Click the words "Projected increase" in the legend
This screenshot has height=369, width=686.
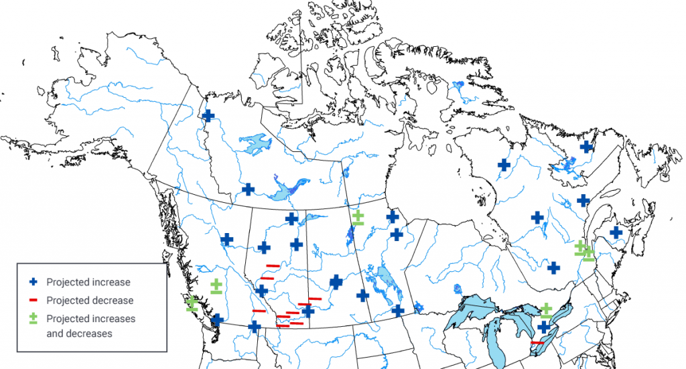point(88,282)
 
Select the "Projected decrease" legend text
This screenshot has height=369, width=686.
point(90,301)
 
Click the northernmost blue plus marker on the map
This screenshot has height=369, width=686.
point(208,116)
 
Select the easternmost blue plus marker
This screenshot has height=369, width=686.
point(616,232)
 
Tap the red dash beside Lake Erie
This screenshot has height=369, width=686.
point(537,343)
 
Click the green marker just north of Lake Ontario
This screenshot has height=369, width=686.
point(547,310)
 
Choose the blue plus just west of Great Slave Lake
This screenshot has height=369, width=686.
point(249,189)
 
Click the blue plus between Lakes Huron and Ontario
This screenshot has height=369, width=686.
point(544,326)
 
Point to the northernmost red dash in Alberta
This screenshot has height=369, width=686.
point(272,266)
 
